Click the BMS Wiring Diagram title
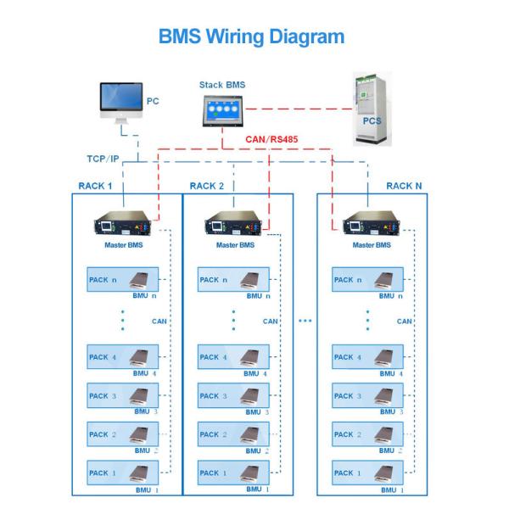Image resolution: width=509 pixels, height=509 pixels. (x=251, y=36)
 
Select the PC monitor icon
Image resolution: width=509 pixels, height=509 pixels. (x=121, y=103)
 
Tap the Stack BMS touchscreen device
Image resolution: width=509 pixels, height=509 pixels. (x=222, y=110)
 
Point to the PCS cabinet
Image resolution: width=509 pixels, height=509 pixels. (x=372, y=109)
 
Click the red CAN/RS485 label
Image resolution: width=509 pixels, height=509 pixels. (x=271, y=139)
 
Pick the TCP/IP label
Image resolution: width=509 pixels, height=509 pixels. (x=103, y=159)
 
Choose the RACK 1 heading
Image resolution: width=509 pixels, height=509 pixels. (x=95, y=186)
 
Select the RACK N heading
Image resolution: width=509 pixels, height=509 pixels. (x=404, y=186)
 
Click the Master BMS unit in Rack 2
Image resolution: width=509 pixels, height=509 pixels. (x=233, y=223)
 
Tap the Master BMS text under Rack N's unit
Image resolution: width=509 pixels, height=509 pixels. (x=372, y=245)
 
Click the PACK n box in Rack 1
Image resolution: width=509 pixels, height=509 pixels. (x=123, y=279)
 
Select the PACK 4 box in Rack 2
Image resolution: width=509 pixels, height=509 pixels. (x=233, y=357)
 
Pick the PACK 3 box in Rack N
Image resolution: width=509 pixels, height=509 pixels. (x=367, y=395)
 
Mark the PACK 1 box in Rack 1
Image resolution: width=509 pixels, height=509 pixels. (x=123, y=473)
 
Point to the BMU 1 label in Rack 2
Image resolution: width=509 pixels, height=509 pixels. (x=257, y=489)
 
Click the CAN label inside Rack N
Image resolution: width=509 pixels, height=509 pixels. (x=404, y=322)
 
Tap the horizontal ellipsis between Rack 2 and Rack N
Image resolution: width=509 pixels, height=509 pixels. (x=305, y=321)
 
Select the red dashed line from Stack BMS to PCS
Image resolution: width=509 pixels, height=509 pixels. (x=299, y=109)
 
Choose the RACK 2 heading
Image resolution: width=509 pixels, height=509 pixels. (x=207, y=186)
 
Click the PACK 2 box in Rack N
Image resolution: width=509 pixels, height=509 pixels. (x=367, y=434)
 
